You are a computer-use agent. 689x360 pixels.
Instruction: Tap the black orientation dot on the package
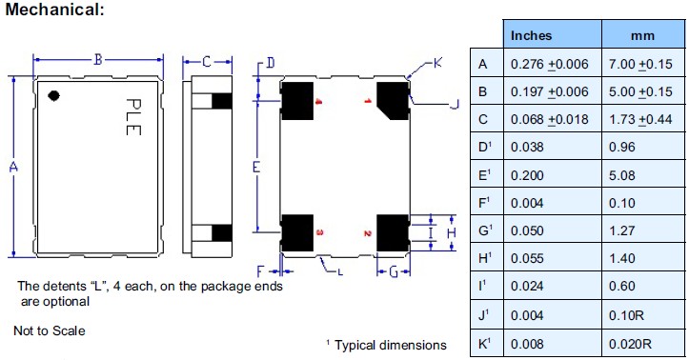pos(56,95)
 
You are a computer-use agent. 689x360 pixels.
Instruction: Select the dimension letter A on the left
pos(13,168)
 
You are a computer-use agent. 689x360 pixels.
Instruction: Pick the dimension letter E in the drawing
pos(257,167)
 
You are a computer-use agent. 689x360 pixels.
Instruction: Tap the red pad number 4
pos(318,100)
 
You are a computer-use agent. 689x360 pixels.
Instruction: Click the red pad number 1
pos(367,100)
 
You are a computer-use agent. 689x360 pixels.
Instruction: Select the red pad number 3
pos(318,232)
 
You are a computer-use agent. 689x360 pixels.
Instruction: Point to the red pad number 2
pos(367,232)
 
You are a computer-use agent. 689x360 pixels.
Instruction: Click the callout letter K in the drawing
pos(437,63)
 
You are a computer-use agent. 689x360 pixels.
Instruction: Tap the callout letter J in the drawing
pos(454,103)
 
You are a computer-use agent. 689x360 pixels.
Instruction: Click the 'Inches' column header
pos(532,35)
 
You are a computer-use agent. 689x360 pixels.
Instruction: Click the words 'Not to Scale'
pos(50,330)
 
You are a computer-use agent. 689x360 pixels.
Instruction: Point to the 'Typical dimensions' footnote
pos(390,345)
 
